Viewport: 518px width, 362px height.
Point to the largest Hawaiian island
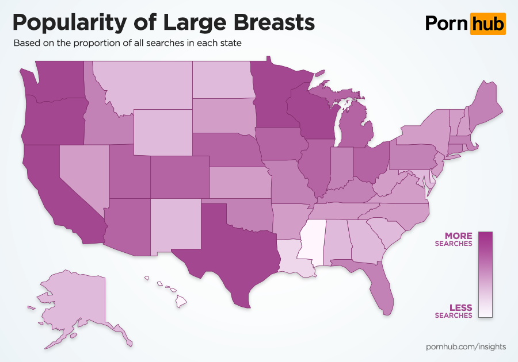(181, 301)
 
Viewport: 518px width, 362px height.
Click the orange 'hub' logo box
(487, 24)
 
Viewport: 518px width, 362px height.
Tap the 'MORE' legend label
(458, 236)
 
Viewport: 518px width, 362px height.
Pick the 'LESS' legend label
(460, 308)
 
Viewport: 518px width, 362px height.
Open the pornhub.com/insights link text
(466, 346)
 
